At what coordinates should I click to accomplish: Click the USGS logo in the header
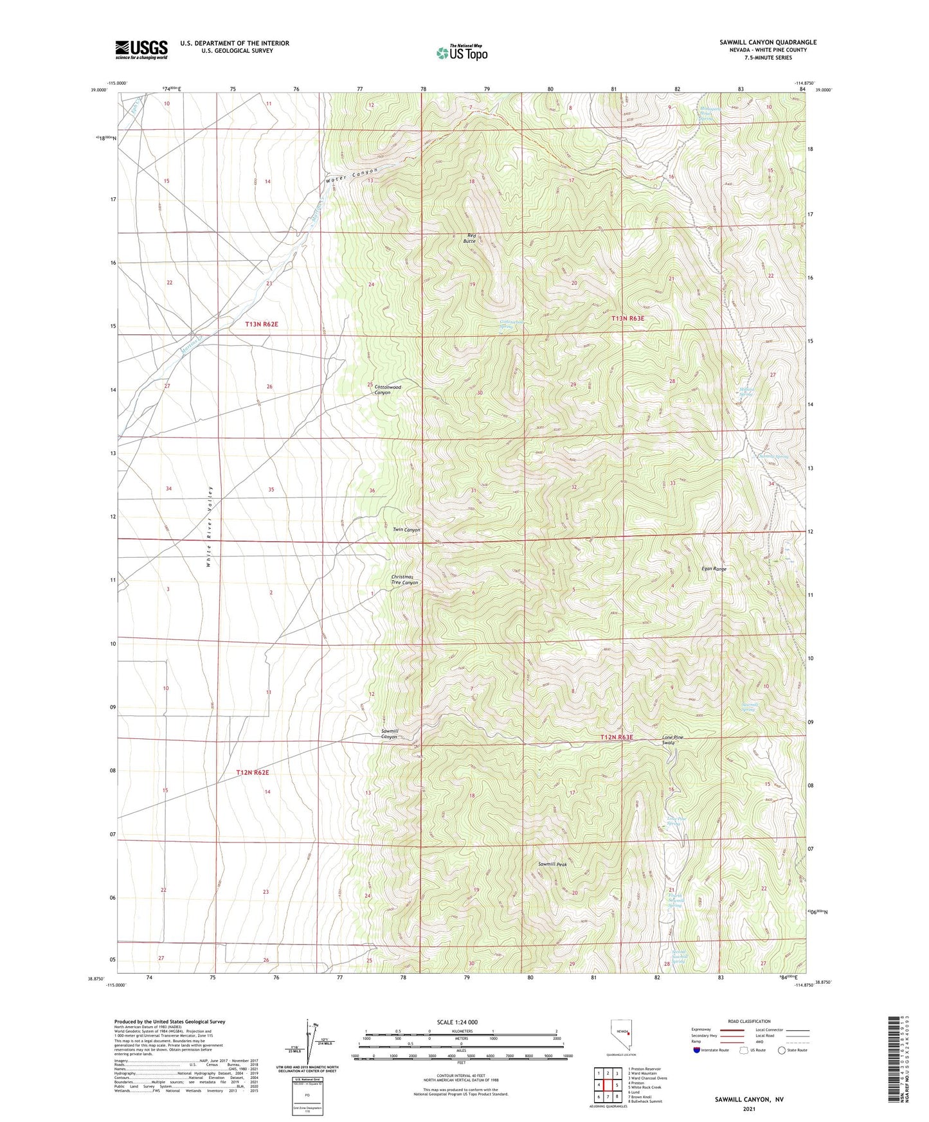click(x=141, y=49)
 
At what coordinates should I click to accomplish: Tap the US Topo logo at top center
click(x=462, y=53)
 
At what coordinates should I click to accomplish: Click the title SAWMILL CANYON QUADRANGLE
click(x=768, y=42)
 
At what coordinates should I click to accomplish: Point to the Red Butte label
click(x=471, y=238)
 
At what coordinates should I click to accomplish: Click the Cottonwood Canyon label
click(x=388, y=390)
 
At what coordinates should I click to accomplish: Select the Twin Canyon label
click(x=406, y=530)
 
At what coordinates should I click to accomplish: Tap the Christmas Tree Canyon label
click(x=405, y=580)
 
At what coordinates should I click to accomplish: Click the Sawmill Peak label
click(x=552, y=864)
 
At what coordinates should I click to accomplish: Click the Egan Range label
click(x=714, y=569)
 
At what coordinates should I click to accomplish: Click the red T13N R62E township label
click(x=262, y=325)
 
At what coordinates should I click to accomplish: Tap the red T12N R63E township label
click(x=617, y=737)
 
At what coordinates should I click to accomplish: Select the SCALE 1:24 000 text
click(x=456, y=1022)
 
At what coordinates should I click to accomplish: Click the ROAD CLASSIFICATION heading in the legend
click(x=749, y=1021)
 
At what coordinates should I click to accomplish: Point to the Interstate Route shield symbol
click(x=698, y=1050)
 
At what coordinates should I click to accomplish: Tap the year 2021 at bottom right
click(x=748, y=1109)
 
